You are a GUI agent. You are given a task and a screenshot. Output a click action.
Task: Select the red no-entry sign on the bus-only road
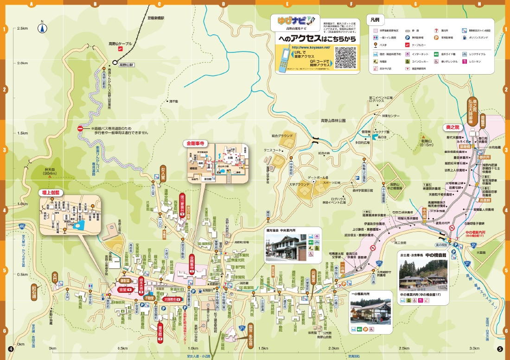click(x=80, y=128)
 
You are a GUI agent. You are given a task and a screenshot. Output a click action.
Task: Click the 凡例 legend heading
click(x=375, y=20)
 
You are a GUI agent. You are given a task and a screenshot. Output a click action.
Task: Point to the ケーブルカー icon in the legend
click(x=407, y=45)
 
